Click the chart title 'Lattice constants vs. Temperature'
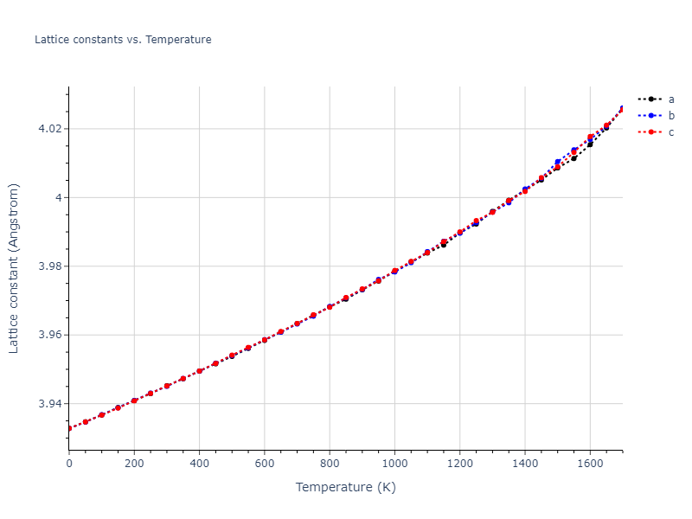123,40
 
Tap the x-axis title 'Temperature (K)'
345,487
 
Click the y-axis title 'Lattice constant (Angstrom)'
14,268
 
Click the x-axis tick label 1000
394,464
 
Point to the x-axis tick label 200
134,464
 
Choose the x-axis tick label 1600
590,464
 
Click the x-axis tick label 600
265,464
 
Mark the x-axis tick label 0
69,464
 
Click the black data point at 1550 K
573,158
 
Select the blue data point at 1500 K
557,163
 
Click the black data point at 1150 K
444,245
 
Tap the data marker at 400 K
200,371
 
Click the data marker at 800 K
330,306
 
